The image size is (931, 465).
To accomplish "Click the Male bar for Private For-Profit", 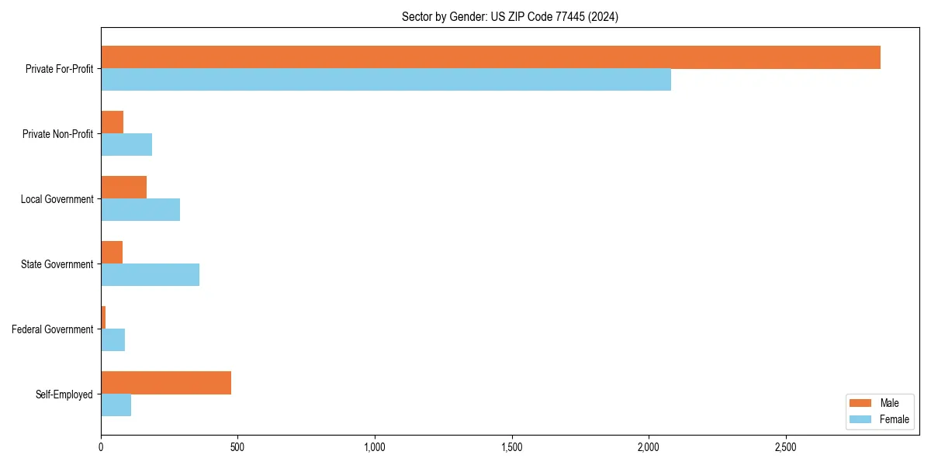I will point(490,57).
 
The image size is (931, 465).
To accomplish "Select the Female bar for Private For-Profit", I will point(386,80).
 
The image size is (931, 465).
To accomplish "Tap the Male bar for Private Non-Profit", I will point(112,122).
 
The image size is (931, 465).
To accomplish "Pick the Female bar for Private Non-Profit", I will point(126,145).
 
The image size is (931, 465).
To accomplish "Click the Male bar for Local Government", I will point(123,188).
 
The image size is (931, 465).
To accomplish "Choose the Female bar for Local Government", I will point(140,210).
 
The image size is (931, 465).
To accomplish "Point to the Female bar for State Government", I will point(150,275).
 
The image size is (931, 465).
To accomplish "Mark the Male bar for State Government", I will point(112,253).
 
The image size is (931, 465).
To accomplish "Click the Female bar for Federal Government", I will point(112,340).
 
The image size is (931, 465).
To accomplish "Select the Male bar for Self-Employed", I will point(166,383).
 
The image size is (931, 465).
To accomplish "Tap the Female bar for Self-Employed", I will point(116,405).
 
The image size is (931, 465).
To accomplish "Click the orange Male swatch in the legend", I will point(860,404).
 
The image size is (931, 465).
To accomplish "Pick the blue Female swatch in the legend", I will point(860,419).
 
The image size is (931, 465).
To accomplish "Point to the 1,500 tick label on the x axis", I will point(511,447).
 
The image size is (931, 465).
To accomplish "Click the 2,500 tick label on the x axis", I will point(785,447).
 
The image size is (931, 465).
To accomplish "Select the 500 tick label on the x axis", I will point(237,447).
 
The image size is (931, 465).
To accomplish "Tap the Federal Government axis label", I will point(52,329).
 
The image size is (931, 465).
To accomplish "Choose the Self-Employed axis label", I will point(64,394).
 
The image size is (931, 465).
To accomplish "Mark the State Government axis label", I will point(57,264).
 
